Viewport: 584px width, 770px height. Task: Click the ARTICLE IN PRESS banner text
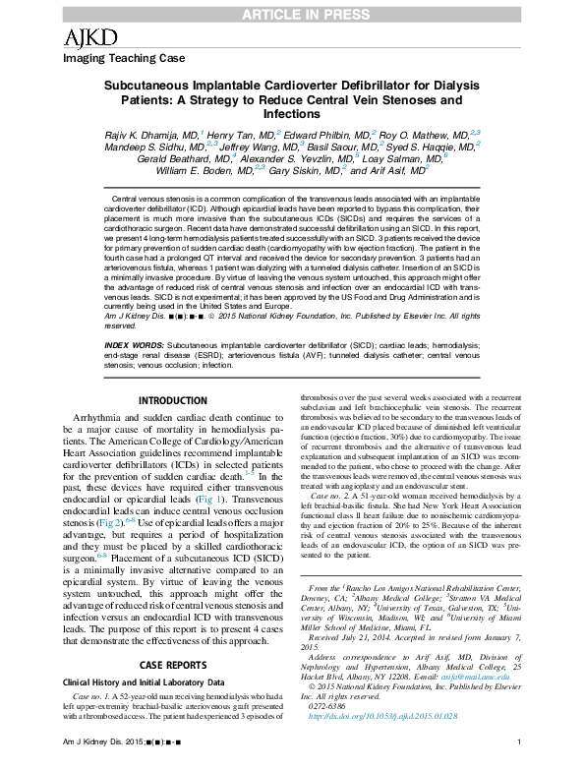coord(291,11)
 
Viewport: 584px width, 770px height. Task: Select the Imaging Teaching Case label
coord(113,58)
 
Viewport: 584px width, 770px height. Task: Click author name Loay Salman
coord(408,157)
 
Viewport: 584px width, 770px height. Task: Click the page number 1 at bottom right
coord(517,754)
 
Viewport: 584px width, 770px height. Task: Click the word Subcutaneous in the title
coord(155,86)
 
